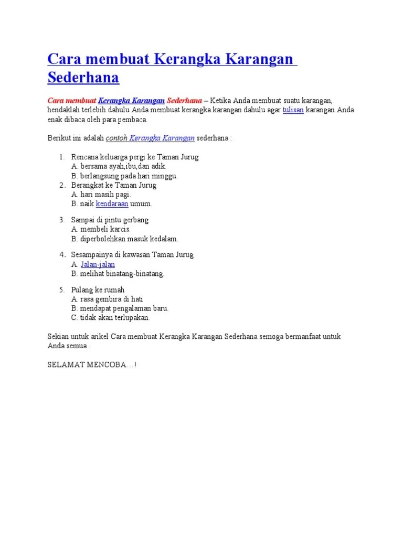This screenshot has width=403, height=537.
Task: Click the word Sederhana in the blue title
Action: pos(83,78)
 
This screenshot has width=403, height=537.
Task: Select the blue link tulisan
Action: pos(293,110)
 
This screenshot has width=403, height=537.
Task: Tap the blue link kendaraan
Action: pos(112,203)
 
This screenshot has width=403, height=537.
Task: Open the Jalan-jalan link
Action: pos(98,264)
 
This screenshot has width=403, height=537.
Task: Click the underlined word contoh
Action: pos(116,138)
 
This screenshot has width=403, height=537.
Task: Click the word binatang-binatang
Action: pos(136,274)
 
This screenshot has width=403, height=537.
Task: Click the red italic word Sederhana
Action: pos(184,100)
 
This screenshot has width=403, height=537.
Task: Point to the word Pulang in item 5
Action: pos(82,289)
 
